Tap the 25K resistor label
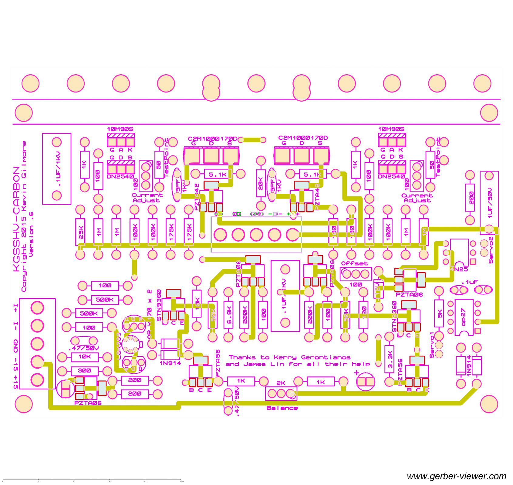coord(80,232)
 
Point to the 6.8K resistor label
coord(229,315)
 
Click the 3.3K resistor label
coord(390,359)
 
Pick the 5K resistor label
coord(439,313)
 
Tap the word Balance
coord(282,408)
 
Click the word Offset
coord(354,263)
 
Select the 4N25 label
coord(459,269)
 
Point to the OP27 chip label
coord(463,317)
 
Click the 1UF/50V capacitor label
coord(490,203)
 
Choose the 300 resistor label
coord(84,370)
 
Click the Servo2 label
coord(491,250)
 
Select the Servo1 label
coord(432,345)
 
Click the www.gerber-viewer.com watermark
coord(456,476)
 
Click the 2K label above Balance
coord(281,383)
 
